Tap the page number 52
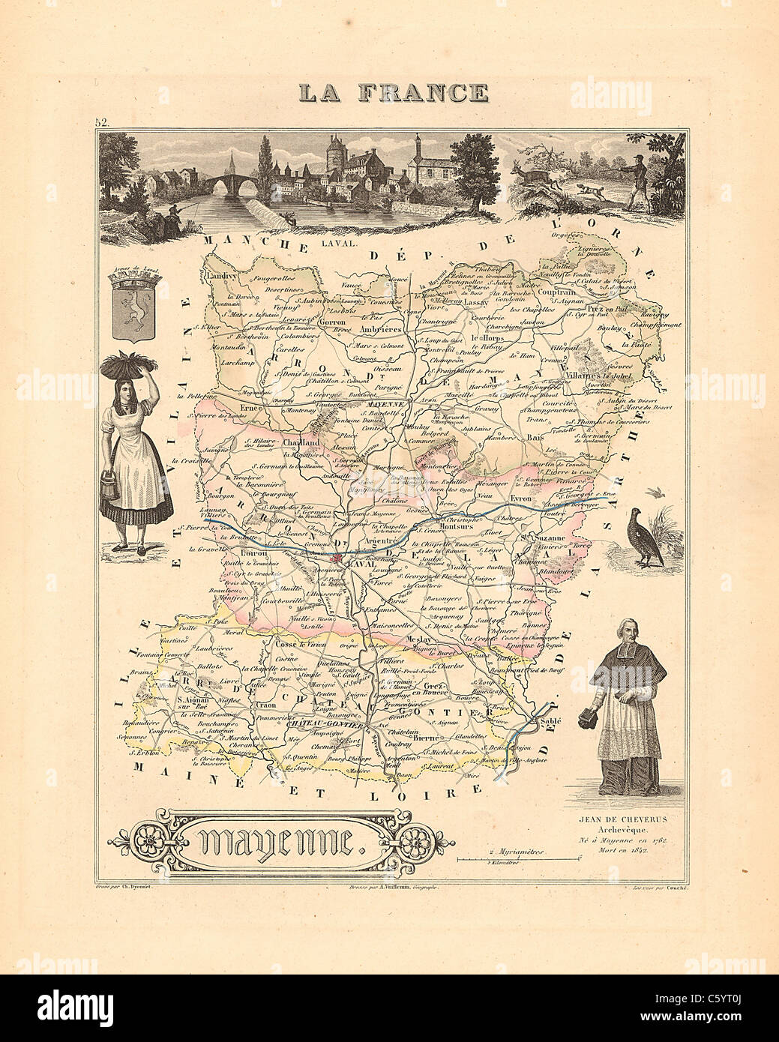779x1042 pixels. pos(100,123)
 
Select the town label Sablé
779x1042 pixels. pos(544,722)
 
